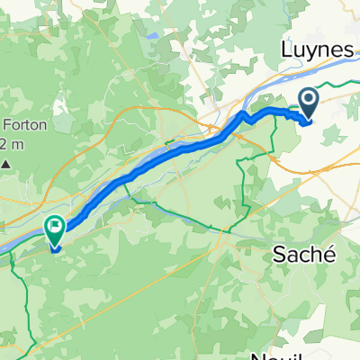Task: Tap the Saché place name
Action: click(x=303, y=255)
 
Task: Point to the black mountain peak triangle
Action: click(x=6, y=164)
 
